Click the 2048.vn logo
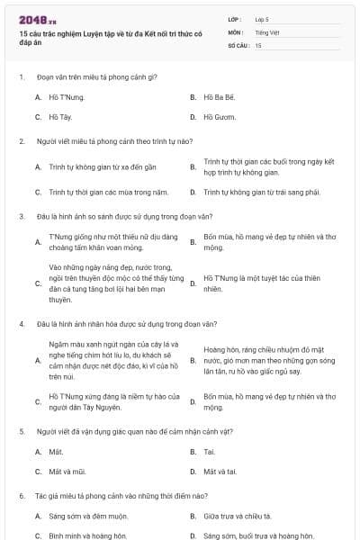[x=37, y=20]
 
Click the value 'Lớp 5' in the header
[x=262, y=18]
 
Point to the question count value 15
[x=258, y=44]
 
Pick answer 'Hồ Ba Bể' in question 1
[x=219, y=96]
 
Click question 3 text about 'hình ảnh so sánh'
[x=116, y=216]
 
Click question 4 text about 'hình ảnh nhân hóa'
[x=119, y=321]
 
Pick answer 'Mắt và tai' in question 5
[x=220, y=471]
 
